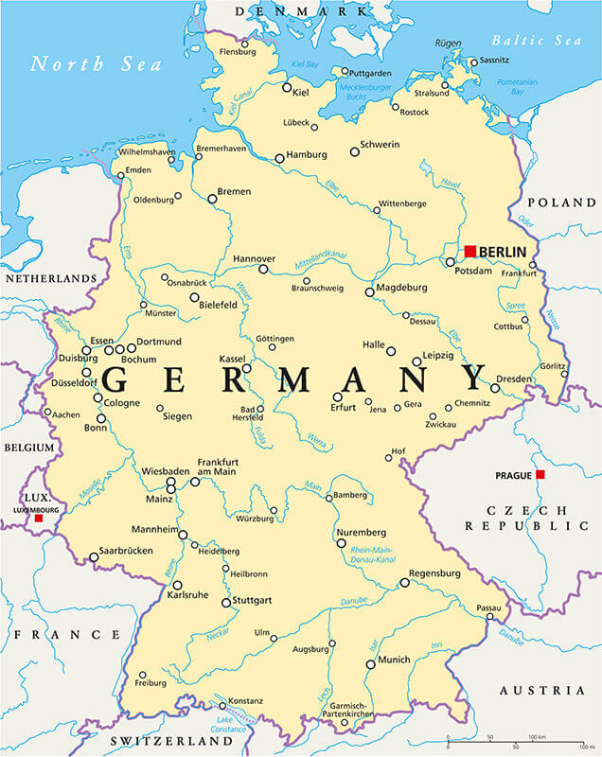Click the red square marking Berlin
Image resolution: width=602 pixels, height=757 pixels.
(469, 251)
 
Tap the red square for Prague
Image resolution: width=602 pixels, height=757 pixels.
(540, 474)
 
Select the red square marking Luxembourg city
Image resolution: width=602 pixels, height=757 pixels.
(39, 519)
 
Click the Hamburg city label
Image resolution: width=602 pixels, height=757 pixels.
(307, 154)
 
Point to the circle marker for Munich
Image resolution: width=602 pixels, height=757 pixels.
(370, 664)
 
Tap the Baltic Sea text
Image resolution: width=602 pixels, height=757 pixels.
(537, 40)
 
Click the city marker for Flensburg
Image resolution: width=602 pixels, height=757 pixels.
(244, 44)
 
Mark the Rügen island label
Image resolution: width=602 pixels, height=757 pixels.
(448, 44)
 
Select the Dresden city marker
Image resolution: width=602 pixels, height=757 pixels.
(495, 388)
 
